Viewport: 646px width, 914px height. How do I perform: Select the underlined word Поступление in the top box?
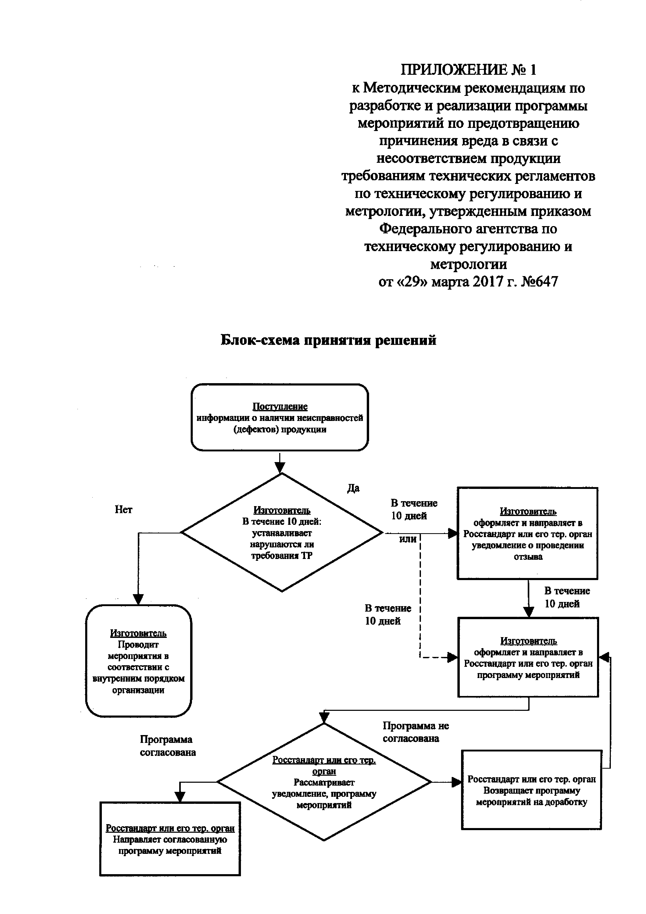pyautogui.click(x=280, y=406)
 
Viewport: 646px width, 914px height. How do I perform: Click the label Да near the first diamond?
pyautogui.click(x=353, y=488)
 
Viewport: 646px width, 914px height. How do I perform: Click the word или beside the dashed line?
pyautogui.click(x=408, y=539)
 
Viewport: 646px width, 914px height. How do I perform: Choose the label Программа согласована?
pyautogui.click(x=167, y=746)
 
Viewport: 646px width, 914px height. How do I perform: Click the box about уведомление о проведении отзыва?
pyautogui.click(x=527, y=533)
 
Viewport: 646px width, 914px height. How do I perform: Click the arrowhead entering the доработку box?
pyautogui.click(x=457, y=782)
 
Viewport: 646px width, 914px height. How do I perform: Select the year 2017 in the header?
pyautogui.click(x=487, y=282)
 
